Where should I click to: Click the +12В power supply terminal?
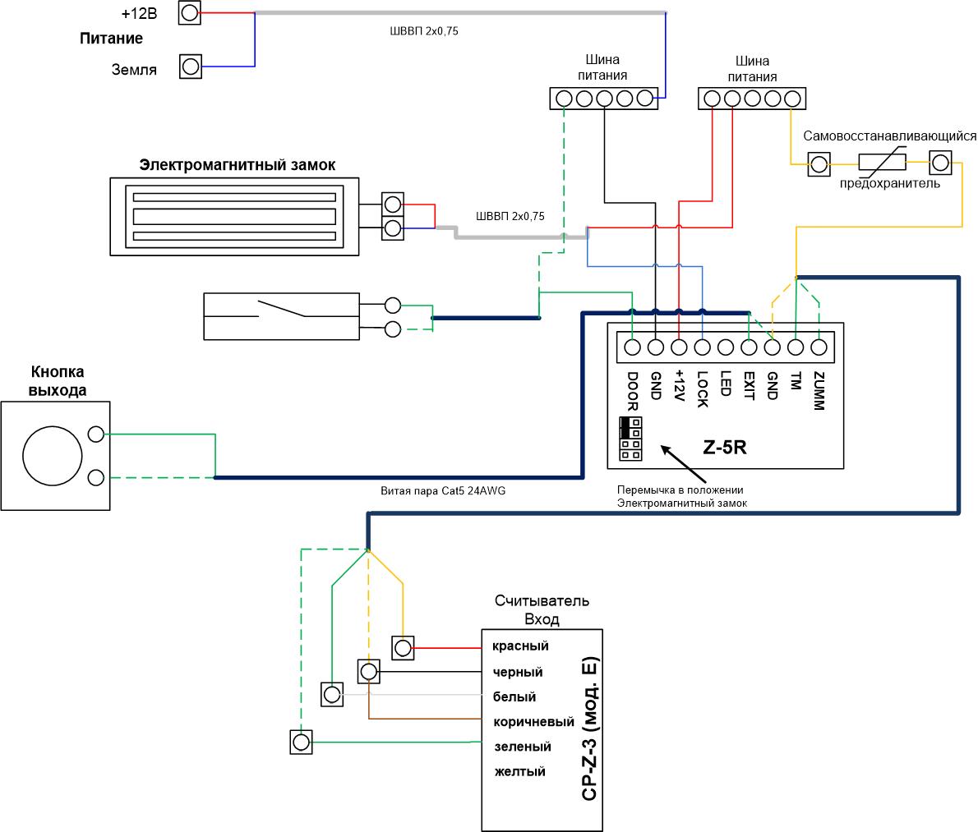pos(190,12)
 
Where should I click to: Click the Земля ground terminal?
pos(190,66)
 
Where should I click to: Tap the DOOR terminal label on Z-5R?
pos(633,392)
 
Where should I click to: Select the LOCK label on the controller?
pos(703,389)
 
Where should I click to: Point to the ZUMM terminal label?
pos(819,391)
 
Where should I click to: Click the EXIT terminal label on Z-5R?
pos(749,386)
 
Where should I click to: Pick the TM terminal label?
pos(796,381)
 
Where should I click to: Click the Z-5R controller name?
pos(724,448)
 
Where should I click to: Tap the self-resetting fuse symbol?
pos(882,161)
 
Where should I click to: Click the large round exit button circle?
pos(53,456)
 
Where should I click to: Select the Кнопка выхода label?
pos(58,381)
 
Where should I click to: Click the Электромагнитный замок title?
pos(237,165)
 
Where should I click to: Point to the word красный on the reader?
pos(520,646)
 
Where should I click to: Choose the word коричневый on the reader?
pos(533,722)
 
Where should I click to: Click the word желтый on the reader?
pos(519,771)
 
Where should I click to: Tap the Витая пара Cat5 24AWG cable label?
pos(443,491)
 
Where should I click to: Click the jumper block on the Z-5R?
pos(630,439)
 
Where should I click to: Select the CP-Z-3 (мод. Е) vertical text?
pos(589,729)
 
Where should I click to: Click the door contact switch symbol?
pos(281,316)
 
